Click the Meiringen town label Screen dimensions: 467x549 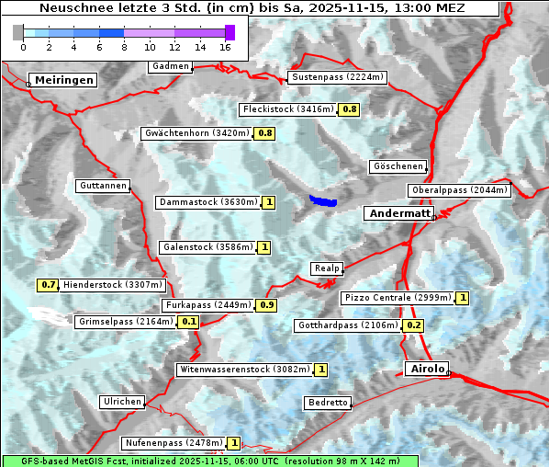[x=62, y=80]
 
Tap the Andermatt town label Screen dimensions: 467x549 [x=399, y=213]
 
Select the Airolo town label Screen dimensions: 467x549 [x=427, y=369]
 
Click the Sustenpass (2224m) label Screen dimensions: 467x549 [x=338, y=77]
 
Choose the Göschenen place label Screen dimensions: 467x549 [x=398, y=166]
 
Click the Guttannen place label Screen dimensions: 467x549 [x=103, y=186]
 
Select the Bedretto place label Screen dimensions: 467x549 [x=328, y=403]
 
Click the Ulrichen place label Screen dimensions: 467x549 [x=122, y=402]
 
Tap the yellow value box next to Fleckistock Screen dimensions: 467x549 [x=349, y=109]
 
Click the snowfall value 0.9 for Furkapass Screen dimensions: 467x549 [x=267, y=304]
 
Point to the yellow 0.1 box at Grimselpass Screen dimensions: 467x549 [x=189, y=322]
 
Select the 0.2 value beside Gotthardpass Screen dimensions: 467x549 [x=413, y=325]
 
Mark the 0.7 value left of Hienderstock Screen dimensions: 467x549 [x=49, y=285]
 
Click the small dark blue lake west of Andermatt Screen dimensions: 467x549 [x=323, y=200]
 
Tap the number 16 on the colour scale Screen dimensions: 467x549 [x=226, y=46]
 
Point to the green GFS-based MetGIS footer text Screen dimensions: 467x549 [x=209, y=461]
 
